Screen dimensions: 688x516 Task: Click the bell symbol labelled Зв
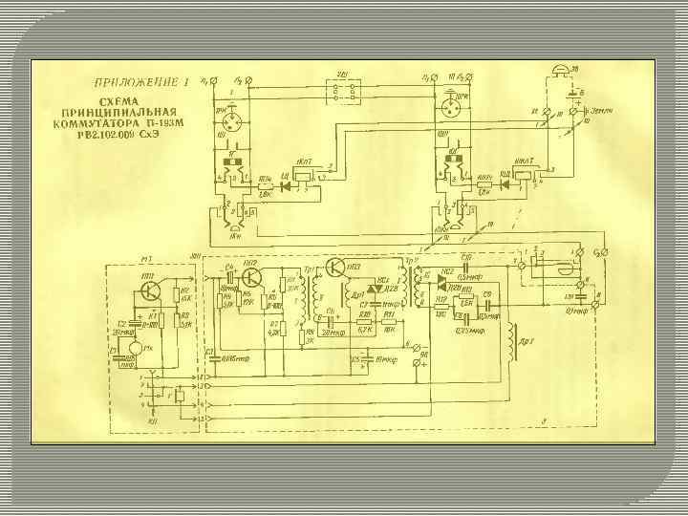[561, 74]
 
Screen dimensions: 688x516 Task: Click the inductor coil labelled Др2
[518, 343]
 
